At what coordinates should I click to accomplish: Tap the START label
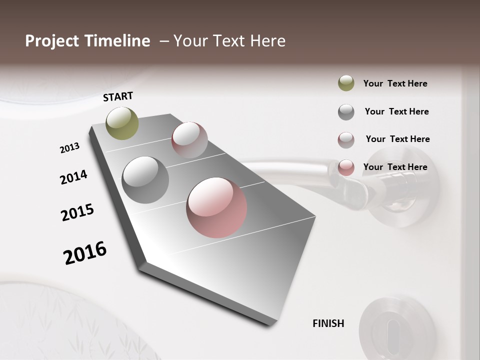118,96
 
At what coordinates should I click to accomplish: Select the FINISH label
328,323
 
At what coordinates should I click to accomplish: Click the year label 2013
69,148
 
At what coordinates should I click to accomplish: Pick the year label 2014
73,177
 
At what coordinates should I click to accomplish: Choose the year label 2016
85,253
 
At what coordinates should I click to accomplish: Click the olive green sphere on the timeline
122,123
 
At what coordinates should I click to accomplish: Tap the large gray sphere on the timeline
145,180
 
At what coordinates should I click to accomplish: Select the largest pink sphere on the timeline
216,207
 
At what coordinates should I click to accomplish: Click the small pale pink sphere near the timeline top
189,139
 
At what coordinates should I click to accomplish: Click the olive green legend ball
346,83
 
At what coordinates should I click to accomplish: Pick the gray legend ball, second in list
346,112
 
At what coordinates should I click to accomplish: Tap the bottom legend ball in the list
346,168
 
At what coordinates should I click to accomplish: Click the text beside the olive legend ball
395,83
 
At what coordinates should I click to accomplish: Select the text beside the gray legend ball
396,111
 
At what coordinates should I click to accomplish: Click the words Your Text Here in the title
229,41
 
